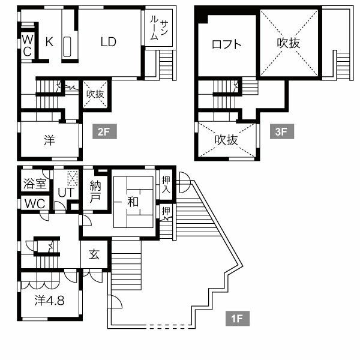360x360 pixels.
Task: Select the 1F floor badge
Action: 237,318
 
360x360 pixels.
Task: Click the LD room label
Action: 109,42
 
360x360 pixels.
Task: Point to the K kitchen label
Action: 49,42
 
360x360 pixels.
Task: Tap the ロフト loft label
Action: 227,44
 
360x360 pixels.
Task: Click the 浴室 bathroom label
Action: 34,184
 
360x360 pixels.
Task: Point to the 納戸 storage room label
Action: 95,191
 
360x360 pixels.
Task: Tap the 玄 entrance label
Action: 95,254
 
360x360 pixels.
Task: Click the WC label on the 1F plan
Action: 34,203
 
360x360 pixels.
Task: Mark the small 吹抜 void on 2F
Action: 95,94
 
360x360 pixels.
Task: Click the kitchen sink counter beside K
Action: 67,47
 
